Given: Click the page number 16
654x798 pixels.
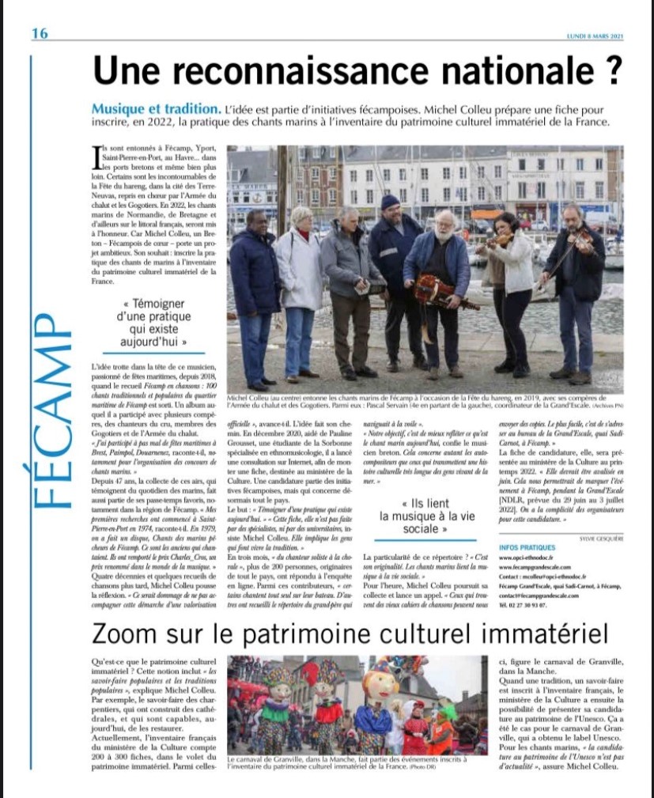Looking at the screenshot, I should (x=40, y=32).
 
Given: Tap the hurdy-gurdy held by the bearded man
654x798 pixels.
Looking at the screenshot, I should (x=443, y=291).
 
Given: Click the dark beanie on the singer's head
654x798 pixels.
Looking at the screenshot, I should (x=391, y=202).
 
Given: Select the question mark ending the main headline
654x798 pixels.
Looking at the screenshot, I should (x=611, y=70).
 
